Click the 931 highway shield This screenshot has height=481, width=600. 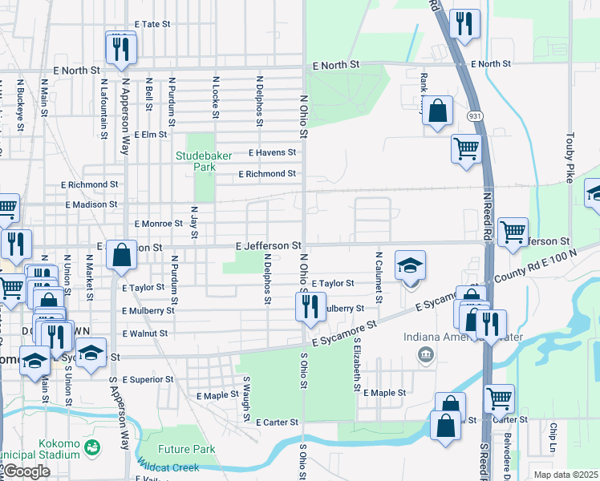tap(475, 116)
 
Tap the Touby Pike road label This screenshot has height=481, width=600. tap(570, 157)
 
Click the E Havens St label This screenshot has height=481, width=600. tap(272, 152)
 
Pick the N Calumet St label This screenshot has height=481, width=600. tap(378, 272)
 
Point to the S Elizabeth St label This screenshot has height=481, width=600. tap(355, 364)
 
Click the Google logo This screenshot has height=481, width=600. tap(26, 471)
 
